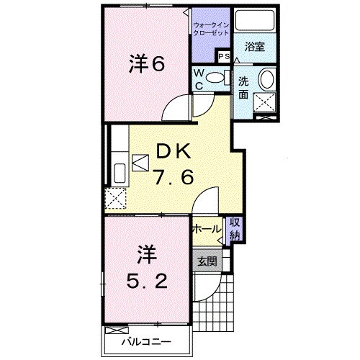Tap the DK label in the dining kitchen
[173, 152]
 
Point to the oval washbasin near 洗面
[266, 78]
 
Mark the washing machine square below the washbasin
[266, 105]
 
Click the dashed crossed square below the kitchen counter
[114, 197]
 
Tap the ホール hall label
[207, 230]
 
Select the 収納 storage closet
[235, 228]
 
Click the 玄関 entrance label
[207, 261]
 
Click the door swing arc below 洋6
[175, 110]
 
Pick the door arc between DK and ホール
[204, 199]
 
